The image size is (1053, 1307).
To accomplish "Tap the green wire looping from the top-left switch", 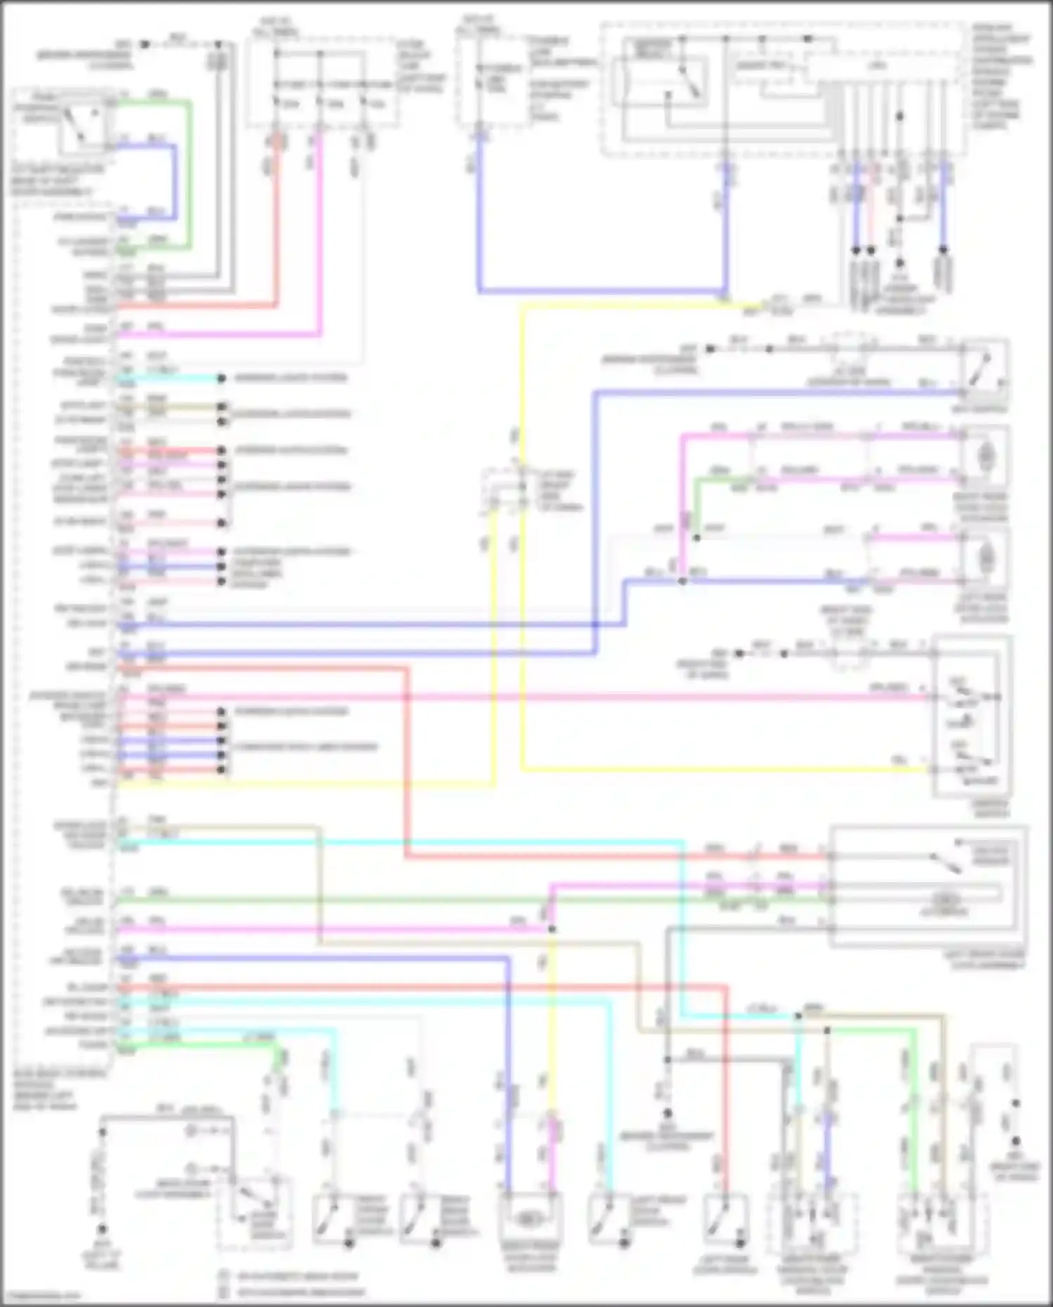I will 189,176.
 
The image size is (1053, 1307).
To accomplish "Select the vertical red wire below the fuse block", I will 277,225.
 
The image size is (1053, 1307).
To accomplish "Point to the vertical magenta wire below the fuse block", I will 319,232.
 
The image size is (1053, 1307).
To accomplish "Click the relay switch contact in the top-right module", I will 688,83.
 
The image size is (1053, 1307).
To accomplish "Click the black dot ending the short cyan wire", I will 221,379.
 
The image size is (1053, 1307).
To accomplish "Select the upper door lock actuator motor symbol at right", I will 985,457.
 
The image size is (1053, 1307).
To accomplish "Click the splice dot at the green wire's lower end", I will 696,538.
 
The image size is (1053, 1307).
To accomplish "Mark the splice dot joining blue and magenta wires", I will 682,582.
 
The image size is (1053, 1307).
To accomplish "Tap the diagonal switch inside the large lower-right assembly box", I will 943,862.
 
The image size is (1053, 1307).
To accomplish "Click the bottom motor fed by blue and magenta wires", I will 529,1219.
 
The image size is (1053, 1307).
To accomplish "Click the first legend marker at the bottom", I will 224,1276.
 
